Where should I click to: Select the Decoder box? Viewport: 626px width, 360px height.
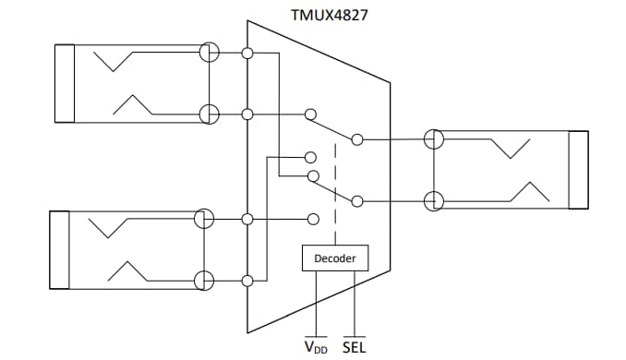tap(335, 258)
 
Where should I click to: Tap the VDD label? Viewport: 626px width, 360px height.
tap(317, 347)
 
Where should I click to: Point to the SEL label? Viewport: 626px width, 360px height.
tap(354, 347)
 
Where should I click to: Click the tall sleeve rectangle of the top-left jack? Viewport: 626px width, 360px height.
tap(65, 83)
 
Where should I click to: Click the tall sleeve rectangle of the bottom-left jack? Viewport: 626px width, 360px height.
tap(58, 250)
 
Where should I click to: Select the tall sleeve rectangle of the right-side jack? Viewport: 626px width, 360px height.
tap(578, 171)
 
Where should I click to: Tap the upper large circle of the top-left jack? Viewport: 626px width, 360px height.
tap(209, 53)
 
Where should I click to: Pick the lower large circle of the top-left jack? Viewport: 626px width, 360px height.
tap(209, 114)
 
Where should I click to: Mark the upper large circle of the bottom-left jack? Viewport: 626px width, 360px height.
tap(205, 219)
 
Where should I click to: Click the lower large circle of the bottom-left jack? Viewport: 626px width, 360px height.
tap(205, 280)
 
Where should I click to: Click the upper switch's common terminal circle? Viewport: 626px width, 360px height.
tap(357, 139)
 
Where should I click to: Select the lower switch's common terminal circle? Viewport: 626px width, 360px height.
tap(357, 199)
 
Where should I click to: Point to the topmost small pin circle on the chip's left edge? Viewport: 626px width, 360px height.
tap(247, 53)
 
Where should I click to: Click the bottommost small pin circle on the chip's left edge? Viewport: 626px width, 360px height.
tap(247, 280)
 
